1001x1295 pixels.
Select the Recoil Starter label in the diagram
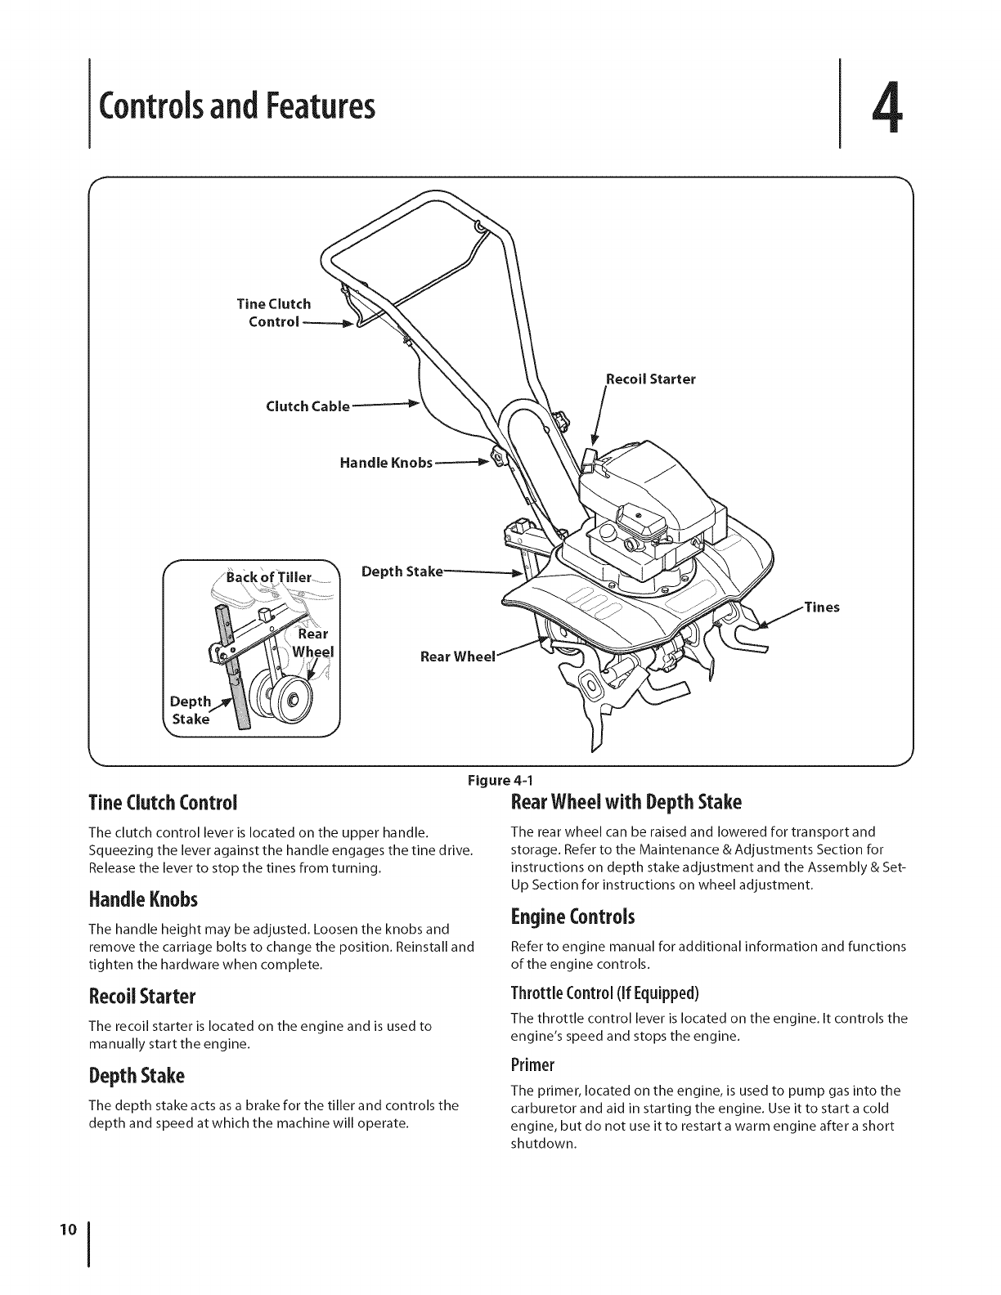coord(650,379)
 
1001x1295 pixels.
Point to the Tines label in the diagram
coord(824,607)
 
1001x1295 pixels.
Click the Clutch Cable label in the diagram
coord(307,406)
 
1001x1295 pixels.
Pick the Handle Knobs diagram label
coord(385,464)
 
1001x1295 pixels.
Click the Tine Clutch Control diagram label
coord(273,312)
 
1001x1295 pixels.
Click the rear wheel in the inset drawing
coord(281,697)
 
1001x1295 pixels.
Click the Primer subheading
coord(532,1064)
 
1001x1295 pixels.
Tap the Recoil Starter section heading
coord(141,997)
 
